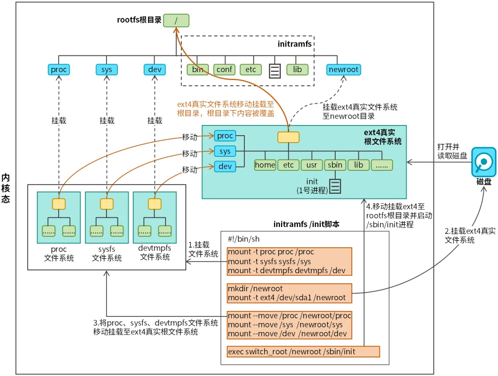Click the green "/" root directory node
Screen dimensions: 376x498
click(x=176, y=20)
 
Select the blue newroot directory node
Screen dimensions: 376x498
click(x=344, y=70)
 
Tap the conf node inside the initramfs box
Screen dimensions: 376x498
click(x=224, y=70)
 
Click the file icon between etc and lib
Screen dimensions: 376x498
click(x=275, y=70)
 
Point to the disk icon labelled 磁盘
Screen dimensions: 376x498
click(x=483, y=162)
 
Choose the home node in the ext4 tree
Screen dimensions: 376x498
click(x=265, y=165)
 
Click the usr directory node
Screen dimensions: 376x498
click(x=312, y=165)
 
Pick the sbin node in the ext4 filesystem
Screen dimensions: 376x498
click(x=335, y=165)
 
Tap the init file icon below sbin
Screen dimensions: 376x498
click(x=335, y=185)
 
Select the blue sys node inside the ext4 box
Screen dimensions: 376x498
click(x=225, y=151)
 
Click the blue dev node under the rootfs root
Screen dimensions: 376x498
click(x=155, y=70)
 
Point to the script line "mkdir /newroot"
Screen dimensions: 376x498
click(x=255, y=289)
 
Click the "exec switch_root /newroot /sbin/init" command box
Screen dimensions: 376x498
click(x=303, y=352)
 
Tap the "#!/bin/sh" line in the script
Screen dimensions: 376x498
click(x=244, y=239)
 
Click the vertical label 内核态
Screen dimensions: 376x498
click(x=6, y=188)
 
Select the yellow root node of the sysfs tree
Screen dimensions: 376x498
click(x=107, y=203)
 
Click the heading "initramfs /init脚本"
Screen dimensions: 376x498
click(x=304, y=225)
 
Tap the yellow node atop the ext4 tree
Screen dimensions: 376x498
click(x=288, y=137)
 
